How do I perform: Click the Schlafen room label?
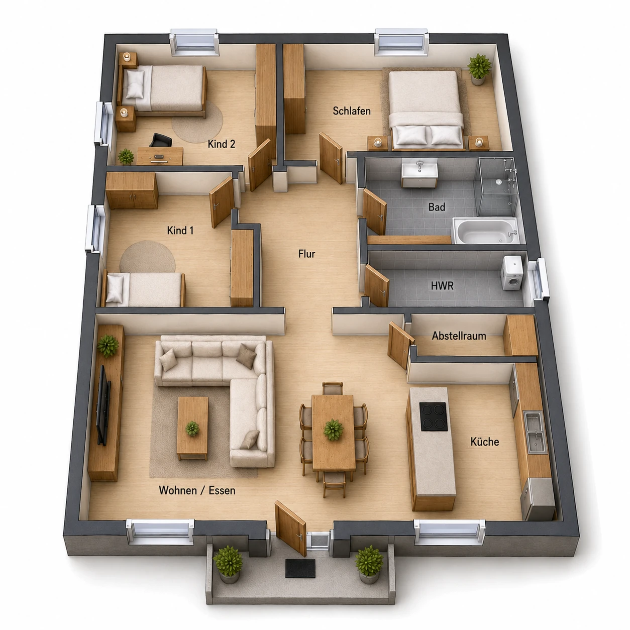[x=352, y=111]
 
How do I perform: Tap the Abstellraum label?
[x=459, y=336]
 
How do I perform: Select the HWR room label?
[x=442, y=286]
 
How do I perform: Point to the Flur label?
[x=306, y=254]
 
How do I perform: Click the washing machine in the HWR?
[x=512, y=273]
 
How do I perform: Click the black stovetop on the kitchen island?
[x=434, y=416]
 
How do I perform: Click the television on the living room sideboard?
[x=103, y=405]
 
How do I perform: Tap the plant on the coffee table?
[x=192, y=428]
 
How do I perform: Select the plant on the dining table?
[x=333, y=430]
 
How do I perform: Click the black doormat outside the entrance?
[x=300, y=569]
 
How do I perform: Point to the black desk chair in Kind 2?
[x=161, y=140]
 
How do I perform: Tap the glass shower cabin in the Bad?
[x=497, y=187]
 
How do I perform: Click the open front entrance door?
[x=291, y=529]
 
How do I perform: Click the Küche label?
[x=484, y=442]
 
